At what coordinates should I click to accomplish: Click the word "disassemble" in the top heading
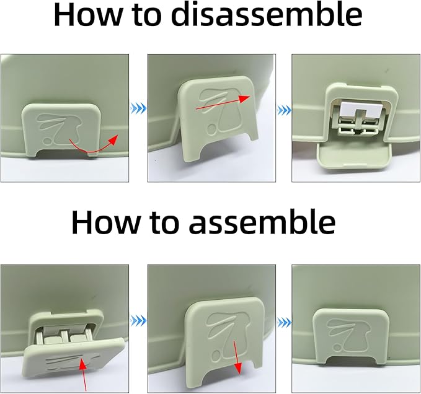pos(267,15)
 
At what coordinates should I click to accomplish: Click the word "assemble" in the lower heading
pos(262,222)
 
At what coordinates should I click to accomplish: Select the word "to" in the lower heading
pos(164,222)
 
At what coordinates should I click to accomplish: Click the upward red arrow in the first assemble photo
pos(84,375)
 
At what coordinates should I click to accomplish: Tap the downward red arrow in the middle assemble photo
pos(237,357)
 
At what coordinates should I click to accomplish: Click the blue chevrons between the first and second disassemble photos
pos(138,109)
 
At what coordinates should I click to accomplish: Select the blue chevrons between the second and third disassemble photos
pos(284,110)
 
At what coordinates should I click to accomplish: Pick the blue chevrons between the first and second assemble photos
pos(138,320)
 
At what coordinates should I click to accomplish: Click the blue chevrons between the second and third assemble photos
pos(284,321)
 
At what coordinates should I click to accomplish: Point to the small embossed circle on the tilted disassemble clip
pos(212,129)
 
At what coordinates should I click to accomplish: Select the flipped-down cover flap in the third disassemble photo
pos(353,156)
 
